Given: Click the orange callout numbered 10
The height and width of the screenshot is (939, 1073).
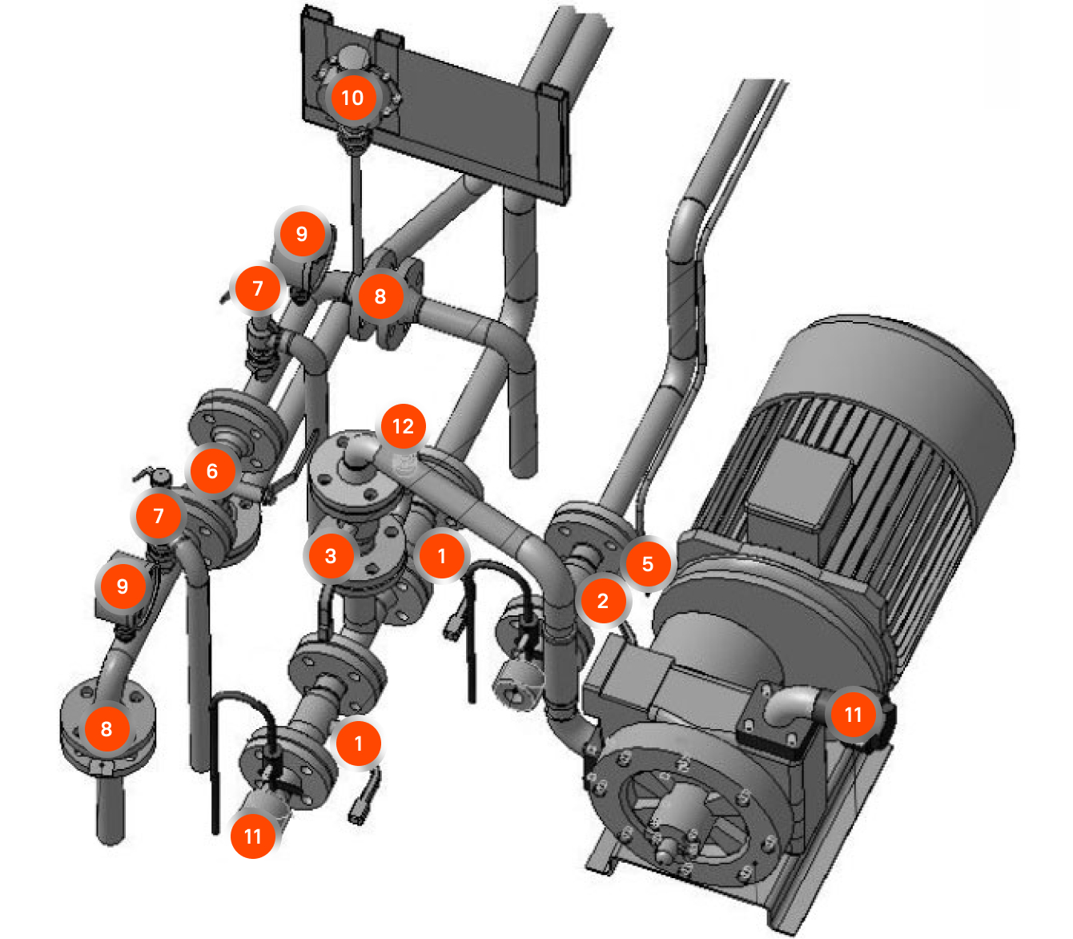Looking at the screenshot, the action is tap(352, 98).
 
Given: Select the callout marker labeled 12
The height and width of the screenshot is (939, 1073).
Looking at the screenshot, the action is tap(403, 426).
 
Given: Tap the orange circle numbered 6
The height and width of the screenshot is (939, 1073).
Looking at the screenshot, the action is tap(212, 471).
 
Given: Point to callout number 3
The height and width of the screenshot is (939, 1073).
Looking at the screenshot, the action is tap(331, 556).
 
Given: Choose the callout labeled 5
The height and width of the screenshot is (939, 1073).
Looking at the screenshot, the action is tap(648, 564).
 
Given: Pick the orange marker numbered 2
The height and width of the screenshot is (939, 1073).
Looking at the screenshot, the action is tap(603, 601).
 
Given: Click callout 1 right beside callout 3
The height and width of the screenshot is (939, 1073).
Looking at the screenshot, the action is tap(441, 556).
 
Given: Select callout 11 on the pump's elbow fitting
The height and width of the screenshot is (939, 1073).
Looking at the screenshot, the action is tap(854, 715).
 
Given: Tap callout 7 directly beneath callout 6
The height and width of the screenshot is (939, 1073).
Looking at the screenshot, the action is tap(159, 516).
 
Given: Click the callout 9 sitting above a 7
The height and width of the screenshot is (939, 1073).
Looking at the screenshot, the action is tap(302, 234).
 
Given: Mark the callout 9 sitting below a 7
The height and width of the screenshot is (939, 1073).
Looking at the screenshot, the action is tap(123, 586).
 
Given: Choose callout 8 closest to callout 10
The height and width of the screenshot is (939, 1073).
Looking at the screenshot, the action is tap(380, 296).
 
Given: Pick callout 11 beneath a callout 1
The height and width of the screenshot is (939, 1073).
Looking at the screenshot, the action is tap(253, 836).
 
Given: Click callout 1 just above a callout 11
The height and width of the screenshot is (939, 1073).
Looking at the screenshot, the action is tap(359, 744).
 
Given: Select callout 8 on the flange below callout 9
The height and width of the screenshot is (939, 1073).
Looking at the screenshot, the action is tap(106, 728).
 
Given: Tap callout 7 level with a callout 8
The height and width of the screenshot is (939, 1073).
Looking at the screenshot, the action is tap(258, 288).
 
